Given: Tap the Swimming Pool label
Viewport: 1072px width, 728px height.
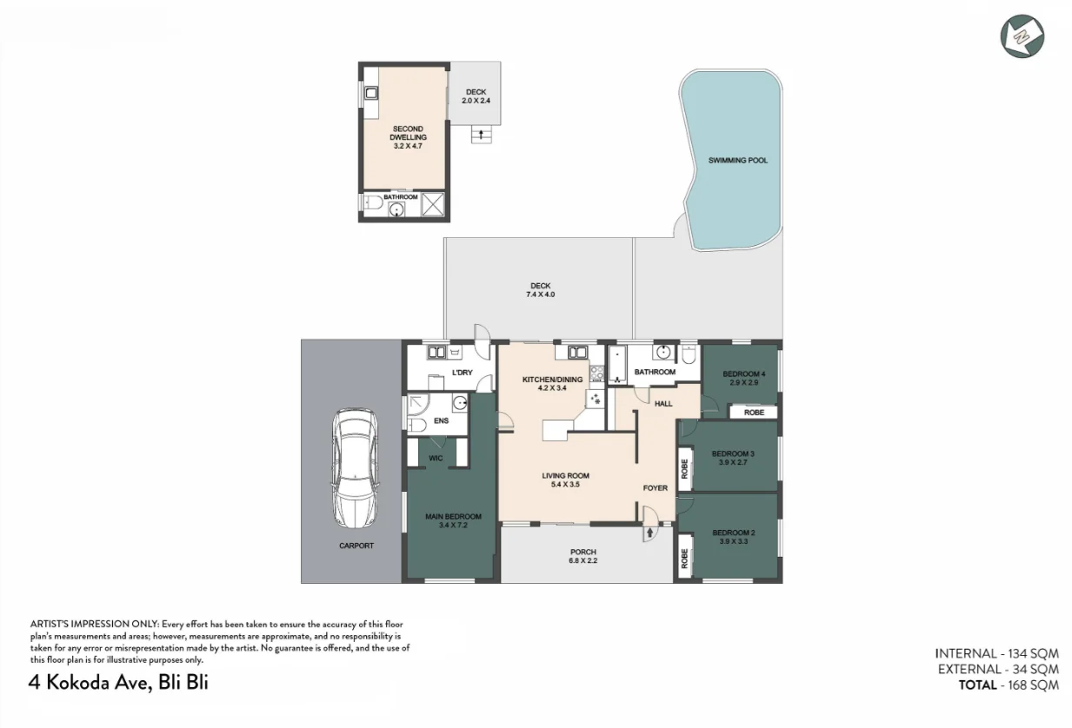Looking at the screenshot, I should [737, 161].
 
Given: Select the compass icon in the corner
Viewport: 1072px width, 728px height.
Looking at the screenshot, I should [1022, 36].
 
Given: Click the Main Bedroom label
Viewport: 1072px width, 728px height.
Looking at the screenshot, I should [452, 517].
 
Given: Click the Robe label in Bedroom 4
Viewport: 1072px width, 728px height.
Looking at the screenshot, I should [754, 413].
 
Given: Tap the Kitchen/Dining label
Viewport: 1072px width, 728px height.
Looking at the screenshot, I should [551, 380].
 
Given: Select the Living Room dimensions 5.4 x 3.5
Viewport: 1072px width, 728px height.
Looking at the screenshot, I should [565, 485].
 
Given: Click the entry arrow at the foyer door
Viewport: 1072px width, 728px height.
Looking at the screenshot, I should [649, 532].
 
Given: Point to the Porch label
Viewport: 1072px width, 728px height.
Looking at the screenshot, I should [583, 552].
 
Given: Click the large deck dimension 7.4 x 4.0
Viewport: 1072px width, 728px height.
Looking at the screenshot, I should [540, 295].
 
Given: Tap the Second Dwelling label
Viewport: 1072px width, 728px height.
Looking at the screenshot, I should [407, 133].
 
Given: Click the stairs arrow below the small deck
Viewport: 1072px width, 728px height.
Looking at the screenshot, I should [478, 134].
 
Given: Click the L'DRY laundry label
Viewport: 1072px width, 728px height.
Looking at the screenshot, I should [462, 374].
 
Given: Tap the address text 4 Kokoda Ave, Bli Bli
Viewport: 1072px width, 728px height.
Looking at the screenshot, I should [118, 682].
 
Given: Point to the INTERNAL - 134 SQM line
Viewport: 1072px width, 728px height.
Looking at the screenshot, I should [996, 653].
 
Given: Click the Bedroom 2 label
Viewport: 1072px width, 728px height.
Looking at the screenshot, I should [733, 533].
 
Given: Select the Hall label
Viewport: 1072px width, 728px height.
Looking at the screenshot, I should [663, 403].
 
